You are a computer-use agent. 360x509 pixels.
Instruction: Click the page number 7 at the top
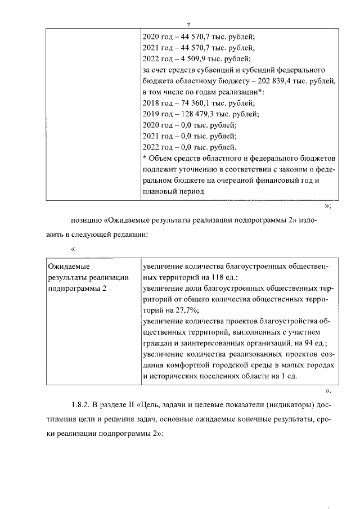tap(190, 24)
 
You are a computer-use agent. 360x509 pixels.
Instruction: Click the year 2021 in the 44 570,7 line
tap(151, 47)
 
